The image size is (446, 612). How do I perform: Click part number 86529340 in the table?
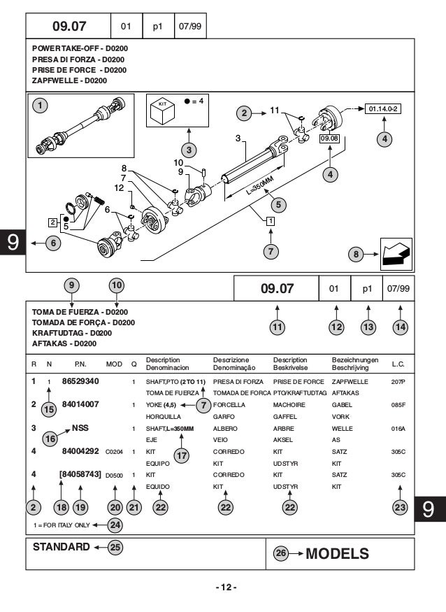[80, 381]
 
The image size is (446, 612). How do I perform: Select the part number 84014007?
[80, 404]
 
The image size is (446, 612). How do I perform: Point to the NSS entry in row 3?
[80, 427]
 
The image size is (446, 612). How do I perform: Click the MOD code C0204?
[114, 452]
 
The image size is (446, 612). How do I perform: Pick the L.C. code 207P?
[398, 383]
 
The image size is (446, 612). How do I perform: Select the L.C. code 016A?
[398, 429]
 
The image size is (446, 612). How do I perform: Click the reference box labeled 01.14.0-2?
[382, 109]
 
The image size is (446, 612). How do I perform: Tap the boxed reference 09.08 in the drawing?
[329, 138]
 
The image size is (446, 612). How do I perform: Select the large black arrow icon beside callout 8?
[395, 253]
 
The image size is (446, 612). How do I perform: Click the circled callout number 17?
[182, 455]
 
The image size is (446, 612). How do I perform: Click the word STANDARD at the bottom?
[62, 547]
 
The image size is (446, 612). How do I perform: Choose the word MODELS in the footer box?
[338, 554]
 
